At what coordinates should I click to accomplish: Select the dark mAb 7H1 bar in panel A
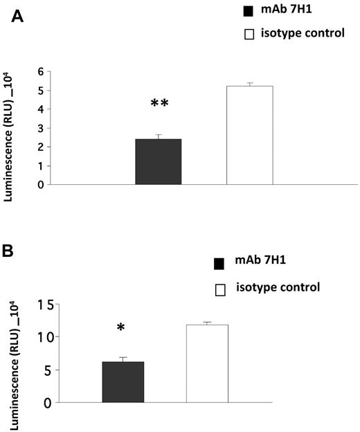(x=158, y=162)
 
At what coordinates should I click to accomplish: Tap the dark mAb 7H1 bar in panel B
(x=123, y=382)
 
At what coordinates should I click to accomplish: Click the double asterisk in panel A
(x=160, y=104)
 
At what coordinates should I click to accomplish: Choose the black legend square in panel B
(x=220, y=264)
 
